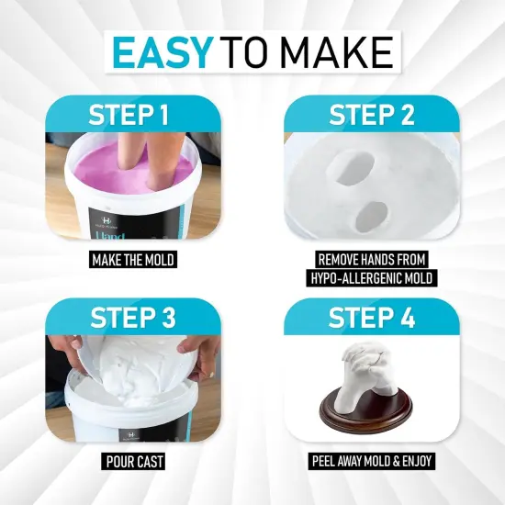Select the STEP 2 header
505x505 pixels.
click(x=371, y=117)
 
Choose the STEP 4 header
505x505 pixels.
click(x=371, y=319)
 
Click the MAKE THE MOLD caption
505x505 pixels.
click(x=133, y=260)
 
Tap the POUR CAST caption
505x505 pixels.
click(x=133, y=462)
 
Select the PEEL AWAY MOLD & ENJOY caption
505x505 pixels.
click(x=371, y=462)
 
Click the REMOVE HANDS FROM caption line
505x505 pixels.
click(x=371, y=260)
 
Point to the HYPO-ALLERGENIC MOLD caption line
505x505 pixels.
click(x=371, y=279)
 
